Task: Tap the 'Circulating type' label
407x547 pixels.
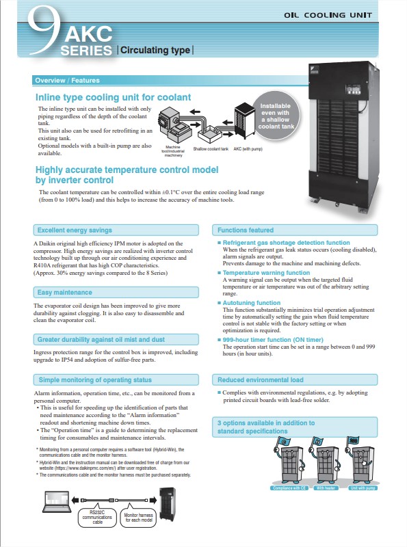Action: [155, 50]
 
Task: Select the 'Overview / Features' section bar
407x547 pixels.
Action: [66, 81]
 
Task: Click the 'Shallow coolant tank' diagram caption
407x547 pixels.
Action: [211, 148]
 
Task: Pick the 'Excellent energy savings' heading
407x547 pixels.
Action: [75, 230]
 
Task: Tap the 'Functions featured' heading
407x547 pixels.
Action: [246, 230]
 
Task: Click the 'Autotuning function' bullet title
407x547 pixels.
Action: [252, 303]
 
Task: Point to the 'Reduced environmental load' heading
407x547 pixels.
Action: [260, 379]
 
